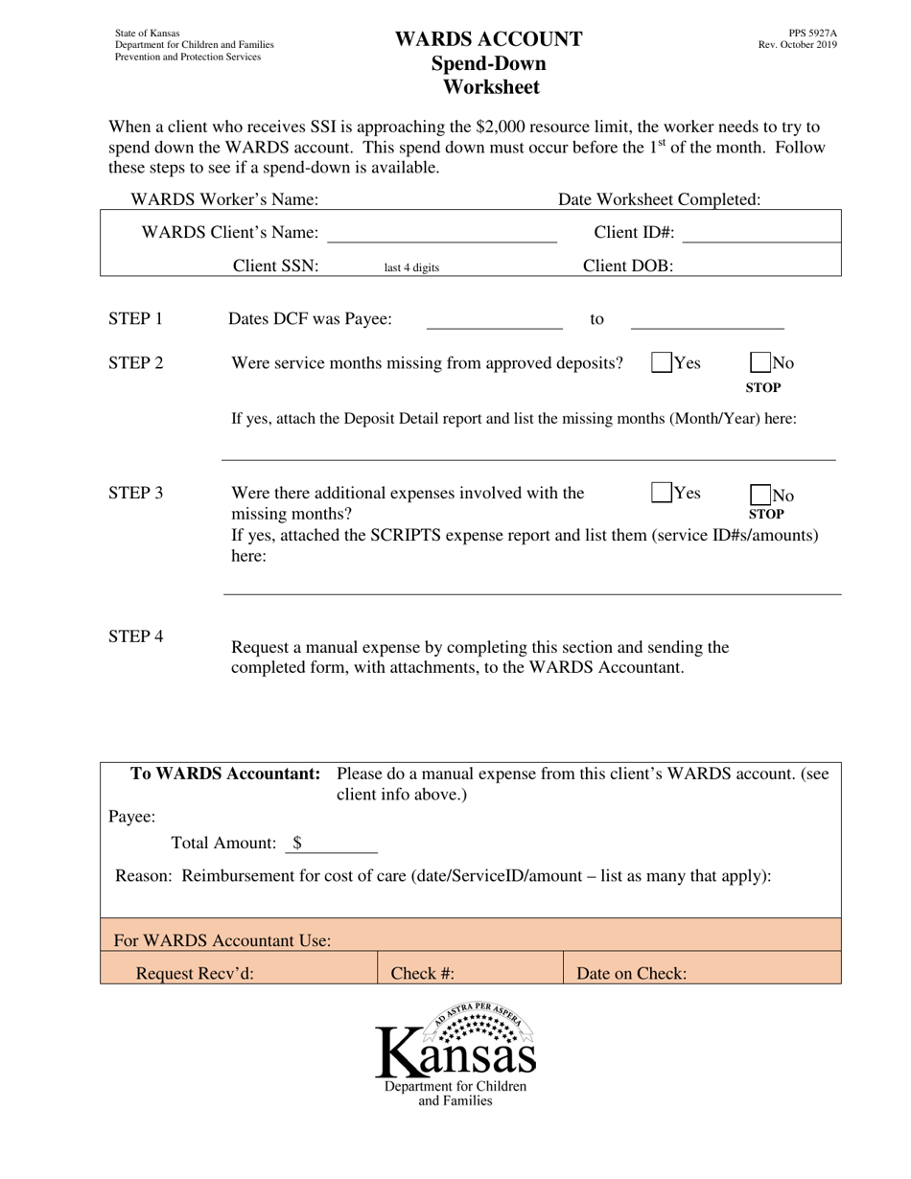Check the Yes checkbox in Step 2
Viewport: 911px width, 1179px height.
click(662, 362)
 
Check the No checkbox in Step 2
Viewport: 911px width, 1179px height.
click(760, 362)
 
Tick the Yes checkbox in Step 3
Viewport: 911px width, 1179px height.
click(662, 493)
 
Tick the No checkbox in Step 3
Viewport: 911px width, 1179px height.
click(760, 495)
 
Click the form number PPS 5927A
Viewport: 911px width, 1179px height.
click(812, 33)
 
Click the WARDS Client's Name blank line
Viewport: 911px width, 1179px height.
click(441, 234)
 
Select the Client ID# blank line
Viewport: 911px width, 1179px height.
click(761, 233)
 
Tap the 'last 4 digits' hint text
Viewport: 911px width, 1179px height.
click(411, 268)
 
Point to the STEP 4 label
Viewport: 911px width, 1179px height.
click(135, 636)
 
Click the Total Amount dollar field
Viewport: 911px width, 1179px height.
click(336, 844)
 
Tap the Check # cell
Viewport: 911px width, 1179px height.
click(470, 973)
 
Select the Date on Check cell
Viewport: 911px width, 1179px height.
click(701, 973)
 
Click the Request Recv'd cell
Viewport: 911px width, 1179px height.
click(240, 973)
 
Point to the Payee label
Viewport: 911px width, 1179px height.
click(131, 816)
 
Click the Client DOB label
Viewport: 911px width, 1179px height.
click(628, 266)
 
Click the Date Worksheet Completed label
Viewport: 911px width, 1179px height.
click(659, 199)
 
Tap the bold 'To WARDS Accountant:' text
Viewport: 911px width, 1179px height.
click(225, 774)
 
